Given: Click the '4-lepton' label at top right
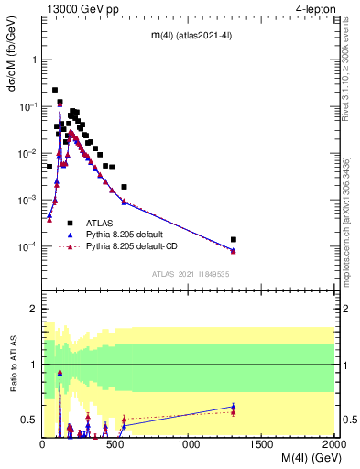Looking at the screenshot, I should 312,9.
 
